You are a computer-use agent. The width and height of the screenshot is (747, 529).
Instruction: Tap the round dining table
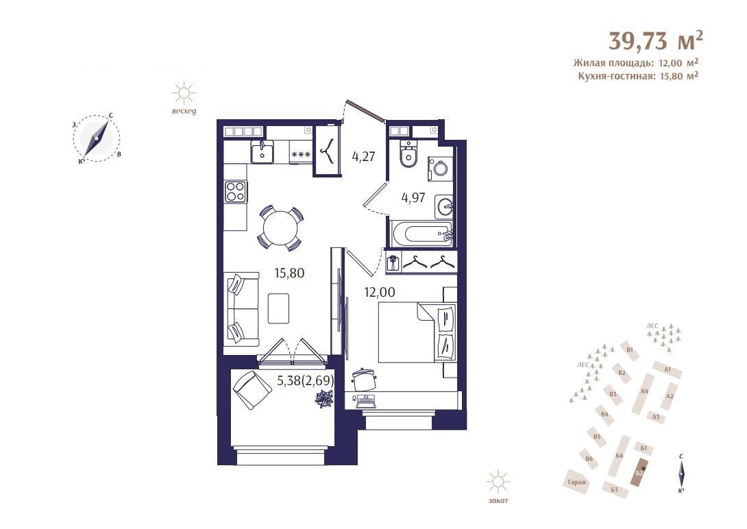(280, 228)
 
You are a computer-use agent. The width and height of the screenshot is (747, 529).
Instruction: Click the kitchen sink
(262, 152)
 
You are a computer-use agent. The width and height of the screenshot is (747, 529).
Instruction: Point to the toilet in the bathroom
(408, 155)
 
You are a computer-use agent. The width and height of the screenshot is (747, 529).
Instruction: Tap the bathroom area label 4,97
(413, 197)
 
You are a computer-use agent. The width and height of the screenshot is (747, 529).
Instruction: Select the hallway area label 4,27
(363, 156)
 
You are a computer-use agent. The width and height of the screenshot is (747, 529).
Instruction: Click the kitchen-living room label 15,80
(289, 273)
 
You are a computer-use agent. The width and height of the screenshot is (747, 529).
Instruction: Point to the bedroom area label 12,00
(380, 293)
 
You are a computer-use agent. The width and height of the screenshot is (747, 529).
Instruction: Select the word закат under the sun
(498, 500)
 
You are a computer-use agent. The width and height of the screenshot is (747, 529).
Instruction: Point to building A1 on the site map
(667, 369)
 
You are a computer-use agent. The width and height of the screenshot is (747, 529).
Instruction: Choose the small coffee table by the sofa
(279, 308)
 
